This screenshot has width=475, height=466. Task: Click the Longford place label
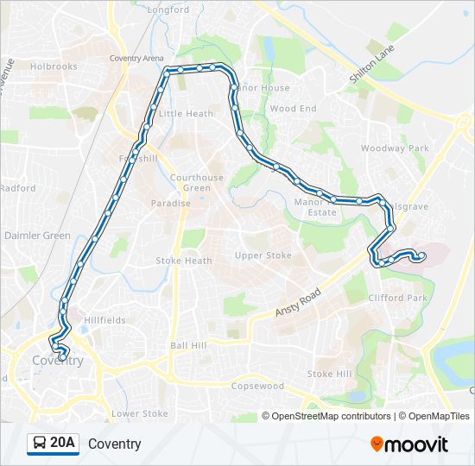pos(168,9)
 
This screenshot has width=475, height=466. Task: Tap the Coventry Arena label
pos(136,59)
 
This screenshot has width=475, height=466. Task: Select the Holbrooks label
pos(54,66)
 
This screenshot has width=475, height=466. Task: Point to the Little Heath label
pos(186,114)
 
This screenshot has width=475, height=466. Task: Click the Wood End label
pos(293,109)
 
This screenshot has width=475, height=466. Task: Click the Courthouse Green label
pos(196,183)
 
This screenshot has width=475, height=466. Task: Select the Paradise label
pos(170,204)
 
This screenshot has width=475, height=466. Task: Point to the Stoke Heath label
pos(183,261)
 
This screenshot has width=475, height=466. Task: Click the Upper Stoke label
pos(263,255)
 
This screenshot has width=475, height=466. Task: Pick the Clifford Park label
pos(398,298)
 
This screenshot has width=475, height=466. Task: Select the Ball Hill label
pos(188,345)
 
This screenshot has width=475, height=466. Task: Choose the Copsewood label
pos(257,386)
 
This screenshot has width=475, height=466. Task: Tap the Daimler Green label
pos(37,236)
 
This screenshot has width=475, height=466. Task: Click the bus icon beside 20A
pos(40,444)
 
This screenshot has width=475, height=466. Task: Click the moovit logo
pos(409,444)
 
